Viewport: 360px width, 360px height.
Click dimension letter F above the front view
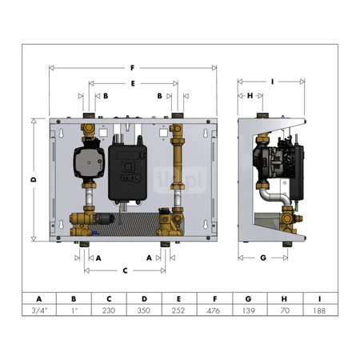[133, 67]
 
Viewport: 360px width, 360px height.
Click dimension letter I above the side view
[273, 81]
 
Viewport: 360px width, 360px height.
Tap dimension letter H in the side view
[250, 95]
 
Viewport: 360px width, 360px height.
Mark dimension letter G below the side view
[263, 258]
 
